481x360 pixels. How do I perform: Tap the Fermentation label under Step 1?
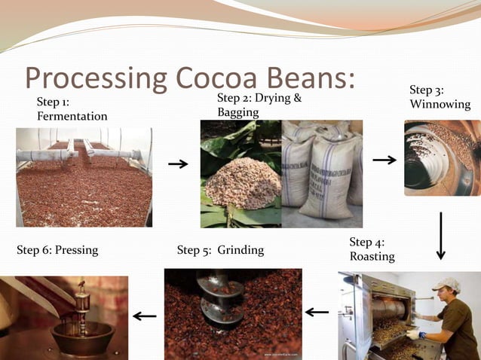pyautogui.click(x=72, y=116)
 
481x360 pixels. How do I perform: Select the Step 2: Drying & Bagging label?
pyautogui.click(x=259, y=105)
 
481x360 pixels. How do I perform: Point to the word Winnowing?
pyautogui.click(x=440, y=104)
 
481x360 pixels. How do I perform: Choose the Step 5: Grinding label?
pyautogui.click(x=220, y=249)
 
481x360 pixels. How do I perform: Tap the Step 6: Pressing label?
pyautogui.click(x=57, y=249)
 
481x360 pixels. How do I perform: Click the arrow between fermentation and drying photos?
pyautogui.click(x=178, y=163)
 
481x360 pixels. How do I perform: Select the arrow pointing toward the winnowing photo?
pyautogui.click(x=384, y=160)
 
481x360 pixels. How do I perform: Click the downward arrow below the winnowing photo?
pyautogui.click(x=441, y=235)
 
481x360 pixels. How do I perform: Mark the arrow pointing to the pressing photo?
pyautogui.click(x=145, y=316)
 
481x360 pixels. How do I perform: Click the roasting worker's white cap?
pyautogui.click(x=446, y=285)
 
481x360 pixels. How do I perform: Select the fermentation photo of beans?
pyautogui.click(x=84, y=177)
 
